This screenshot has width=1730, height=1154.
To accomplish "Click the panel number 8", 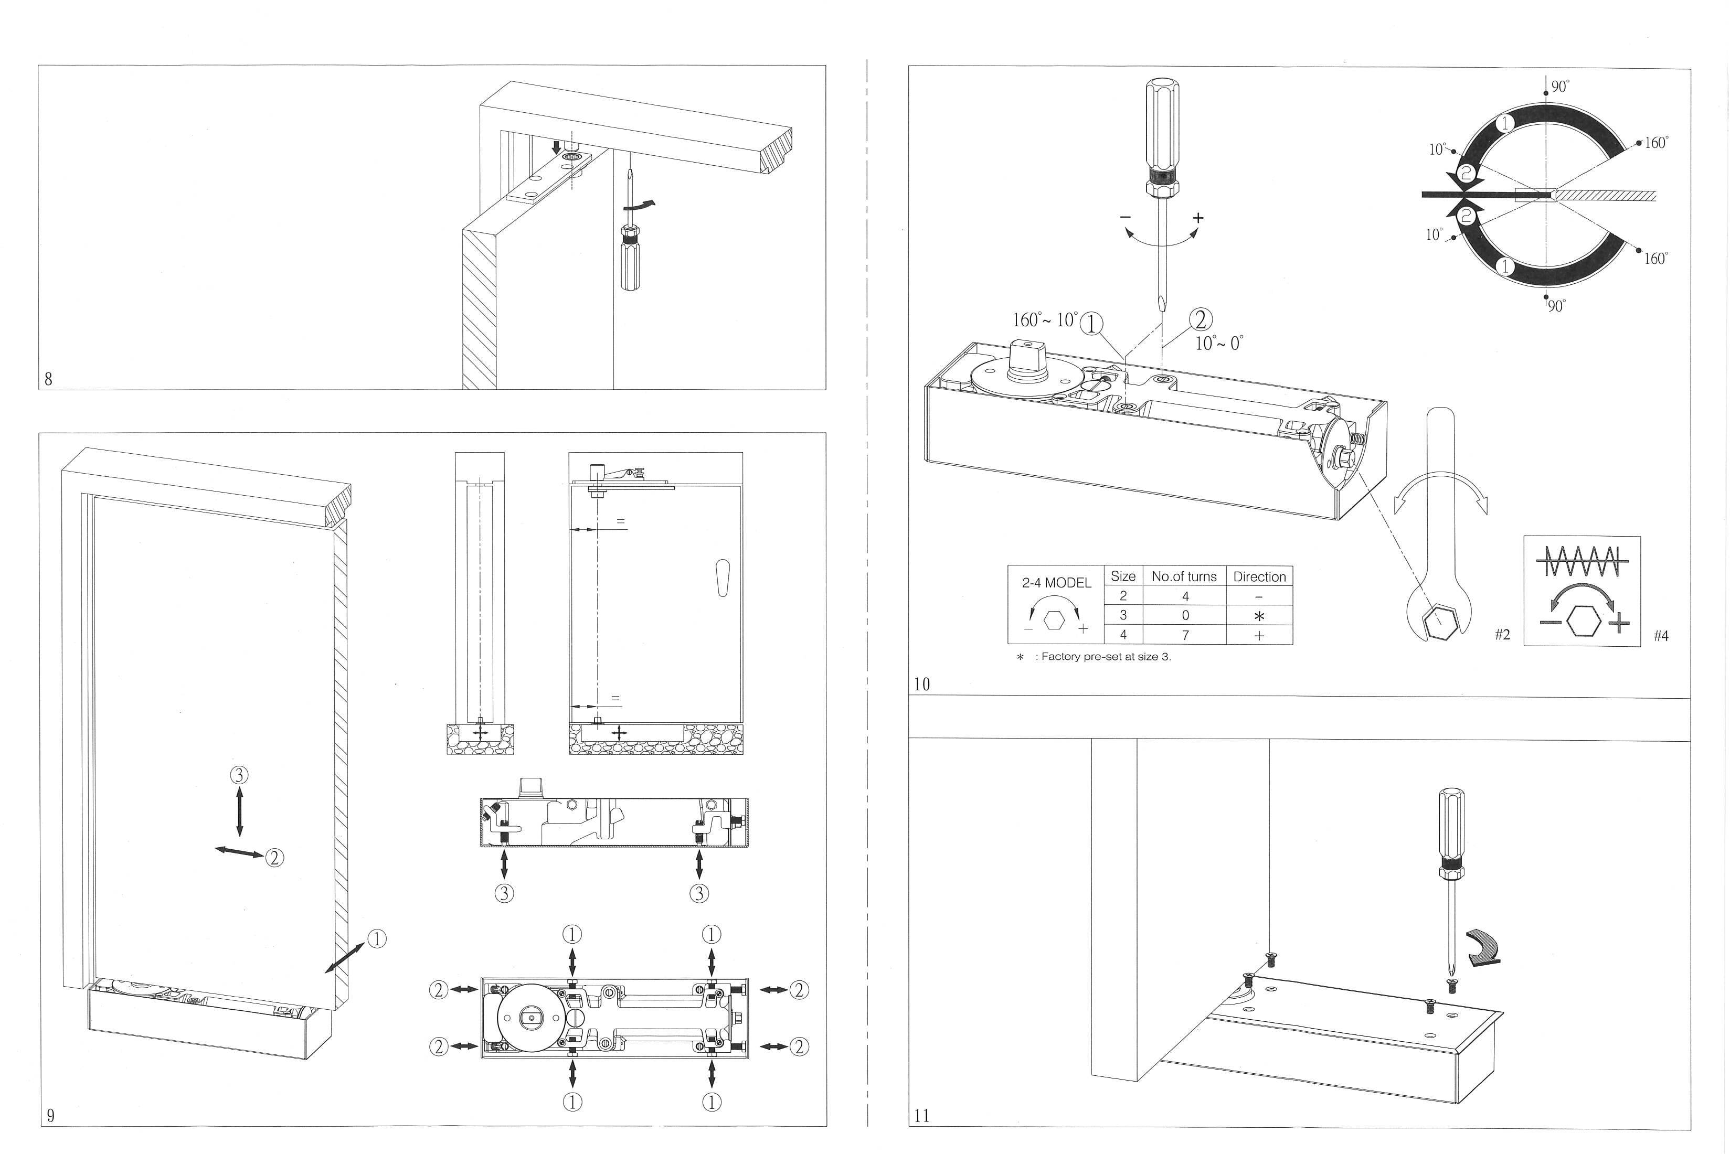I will click(49, 379).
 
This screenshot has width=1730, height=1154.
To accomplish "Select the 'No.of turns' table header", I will click(1184, 576).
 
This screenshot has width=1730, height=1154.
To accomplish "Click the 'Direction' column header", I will click(1259, 577).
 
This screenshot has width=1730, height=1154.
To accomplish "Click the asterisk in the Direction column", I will click(1259, 616).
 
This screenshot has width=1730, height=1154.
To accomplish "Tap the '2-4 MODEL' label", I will click(1056, 582).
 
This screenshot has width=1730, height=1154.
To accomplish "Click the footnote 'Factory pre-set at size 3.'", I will click(1102, 657).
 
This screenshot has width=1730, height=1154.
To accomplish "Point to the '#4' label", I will click(1661, 636).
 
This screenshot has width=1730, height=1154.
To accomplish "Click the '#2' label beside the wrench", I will click(1502, 634).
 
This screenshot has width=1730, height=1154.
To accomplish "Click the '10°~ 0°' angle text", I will click(1218, 343).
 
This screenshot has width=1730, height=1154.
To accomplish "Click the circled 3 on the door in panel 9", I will click(239, 774).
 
